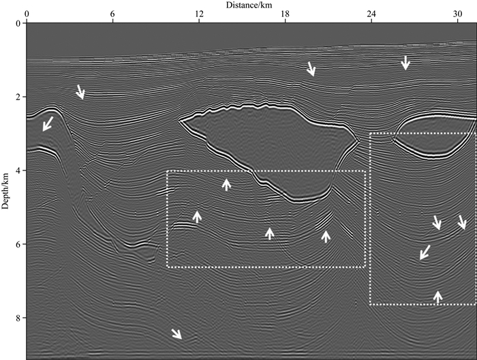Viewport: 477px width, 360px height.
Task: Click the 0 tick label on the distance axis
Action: point(27,14)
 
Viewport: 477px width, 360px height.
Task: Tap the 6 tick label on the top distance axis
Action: point(112,14)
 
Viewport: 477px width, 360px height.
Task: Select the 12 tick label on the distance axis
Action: point(199,14)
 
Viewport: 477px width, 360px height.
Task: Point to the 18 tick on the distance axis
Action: point(285,14)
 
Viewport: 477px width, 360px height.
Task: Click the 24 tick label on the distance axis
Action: point(371,14)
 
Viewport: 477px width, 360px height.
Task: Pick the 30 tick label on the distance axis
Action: point(457,14)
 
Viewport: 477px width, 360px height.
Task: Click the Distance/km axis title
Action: point(251,5)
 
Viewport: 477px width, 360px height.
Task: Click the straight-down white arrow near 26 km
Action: point(405,62)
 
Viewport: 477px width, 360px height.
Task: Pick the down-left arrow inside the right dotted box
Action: point(425,252)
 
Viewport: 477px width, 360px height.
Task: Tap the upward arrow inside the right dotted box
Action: point(438,296)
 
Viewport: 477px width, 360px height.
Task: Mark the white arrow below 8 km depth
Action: point(176,333)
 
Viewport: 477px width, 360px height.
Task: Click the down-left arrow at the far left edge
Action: point(48,123)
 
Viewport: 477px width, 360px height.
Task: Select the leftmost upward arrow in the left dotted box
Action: point(197,217)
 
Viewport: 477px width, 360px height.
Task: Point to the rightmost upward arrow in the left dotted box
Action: point(326,236)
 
